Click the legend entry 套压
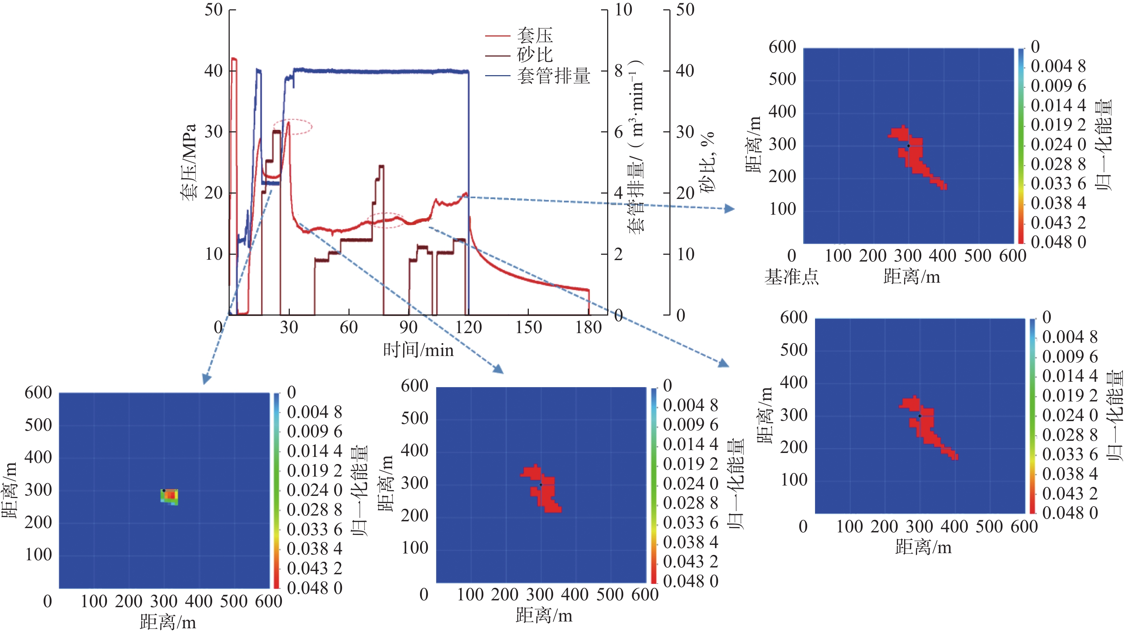click(535, 35)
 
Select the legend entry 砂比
click(535, 55)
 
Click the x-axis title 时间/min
click(418, 350)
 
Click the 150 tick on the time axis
click(528, 327)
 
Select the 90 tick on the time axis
click(409, 327)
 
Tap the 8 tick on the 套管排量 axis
click(618, 70)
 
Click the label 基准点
click(791, 277)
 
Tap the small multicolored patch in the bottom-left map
click(170, 496)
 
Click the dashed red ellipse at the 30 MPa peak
click(293, 126)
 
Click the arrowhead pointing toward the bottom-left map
click(206, 379)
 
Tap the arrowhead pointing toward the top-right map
click(729, 209)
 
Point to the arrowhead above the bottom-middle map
click(498, 369)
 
